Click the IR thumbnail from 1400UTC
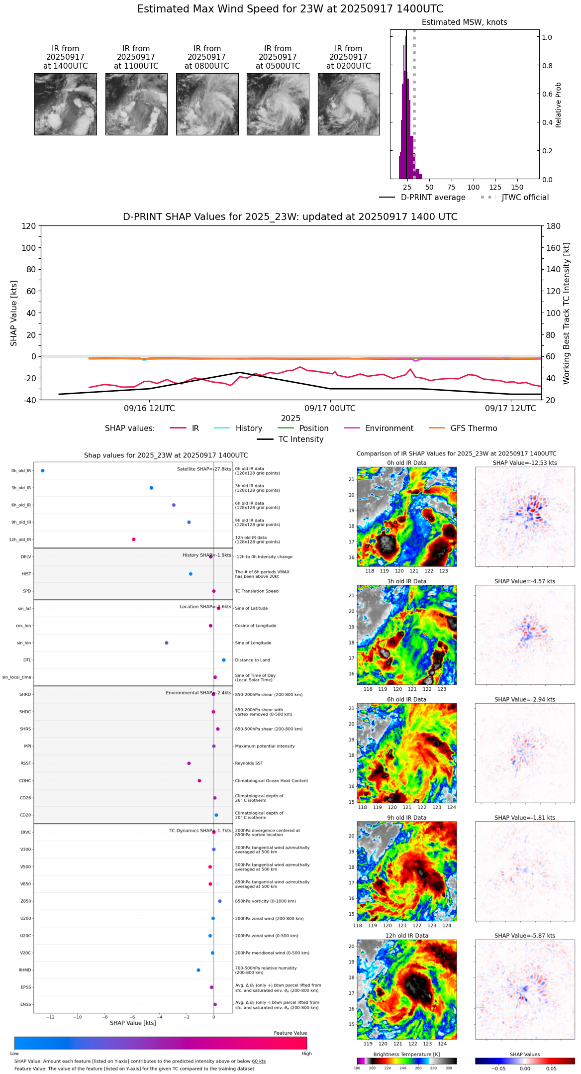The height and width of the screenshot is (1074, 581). click(65, 104)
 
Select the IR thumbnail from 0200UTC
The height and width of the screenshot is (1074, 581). click(349, 104)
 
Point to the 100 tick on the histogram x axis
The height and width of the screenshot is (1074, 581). click(473, 187)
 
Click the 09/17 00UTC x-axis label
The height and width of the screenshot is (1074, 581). click(330, 409)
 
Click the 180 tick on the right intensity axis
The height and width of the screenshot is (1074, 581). click(554, 226)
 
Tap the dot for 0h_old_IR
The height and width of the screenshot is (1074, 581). click(43, 470)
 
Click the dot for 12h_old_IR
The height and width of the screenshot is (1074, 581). click(133, 539)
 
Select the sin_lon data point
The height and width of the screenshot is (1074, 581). click(167, 643)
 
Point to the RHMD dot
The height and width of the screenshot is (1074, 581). click(198, 970)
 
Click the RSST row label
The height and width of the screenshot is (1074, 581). click(26, 763)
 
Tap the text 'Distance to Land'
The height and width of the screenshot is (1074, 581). click(253, 660)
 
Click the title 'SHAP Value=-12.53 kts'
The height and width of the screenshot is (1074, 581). click(525, 463)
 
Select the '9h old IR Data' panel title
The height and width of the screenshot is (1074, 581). click(406, 818)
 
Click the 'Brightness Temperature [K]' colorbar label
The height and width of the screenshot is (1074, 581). click(406, 1054)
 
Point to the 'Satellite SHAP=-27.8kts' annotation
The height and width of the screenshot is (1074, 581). click(204, 469)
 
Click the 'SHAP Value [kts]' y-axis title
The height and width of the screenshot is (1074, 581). click(14, 313)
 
